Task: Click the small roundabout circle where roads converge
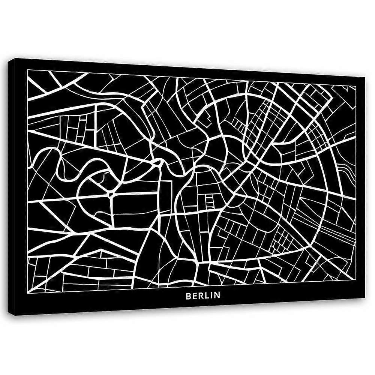point(111,194)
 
